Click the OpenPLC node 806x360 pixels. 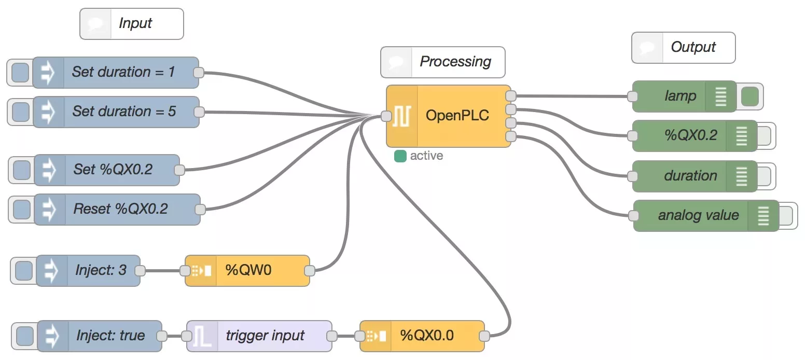click(x=456, y=116)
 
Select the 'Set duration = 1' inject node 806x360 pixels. click(x=123, y=72)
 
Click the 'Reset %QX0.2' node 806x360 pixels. click(x=120, y=209)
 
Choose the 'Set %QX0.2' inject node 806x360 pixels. click(x=113, y=170)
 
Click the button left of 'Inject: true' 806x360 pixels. click(x=24, y=336)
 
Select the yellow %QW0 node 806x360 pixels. click(x=248, y=270)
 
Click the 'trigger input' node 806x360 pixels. click(x=265, y=336)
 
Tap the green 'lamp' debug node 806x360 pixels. click(x=679, y=96)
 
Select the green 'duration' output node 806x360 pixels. click(x=690, y=176)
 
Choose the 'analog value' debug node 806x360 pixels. click(x=698, y=215)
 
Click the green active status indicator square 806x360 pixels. click(x=400, y=156)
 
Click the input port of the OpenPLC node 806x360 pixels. click(x=386, y=116)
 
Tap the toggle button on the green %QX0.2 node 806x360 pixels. click(x=763, y=136)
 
